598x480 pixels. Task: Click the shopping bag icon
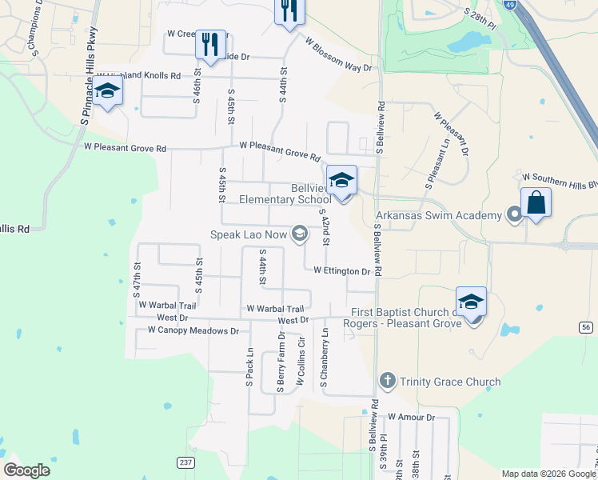pyautogui.click(x=536, y=203)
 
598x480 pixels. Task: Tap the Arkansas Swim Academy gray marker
pyautogui.click(x=515, y=214)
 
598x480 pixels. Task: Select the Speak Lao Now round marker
pyautogui.click(x=300, y=234)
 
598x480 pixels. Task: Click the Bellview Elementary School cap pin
pyautogui.click(x=341, y=181)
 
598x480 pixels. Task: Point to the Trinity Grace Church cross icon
pyautogui.click(x=387, y=381)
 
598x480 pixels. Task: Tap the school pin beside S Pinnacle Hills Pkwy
pyautogui.click(x=106, y=92)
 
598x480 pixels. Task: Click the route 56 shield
pyautogui.click(x=587, y=327)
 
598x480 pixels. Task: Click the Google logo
pyautogui.click(x=26, y=470)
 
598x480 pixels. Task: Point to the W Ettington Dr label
pyautogui.click(x=341, y=271)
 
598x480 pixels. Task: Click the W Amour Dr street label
pyautogui.click(x=410, y=418)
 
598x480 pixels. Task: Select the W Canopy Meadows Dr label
pyautogui.click(x=188, y=330)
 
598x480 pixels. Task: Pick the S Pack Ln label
pyautogui.click(x=249, y=368)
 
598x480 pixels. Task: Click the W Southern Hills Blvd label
pyautogui.click(x=559, y=177)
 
